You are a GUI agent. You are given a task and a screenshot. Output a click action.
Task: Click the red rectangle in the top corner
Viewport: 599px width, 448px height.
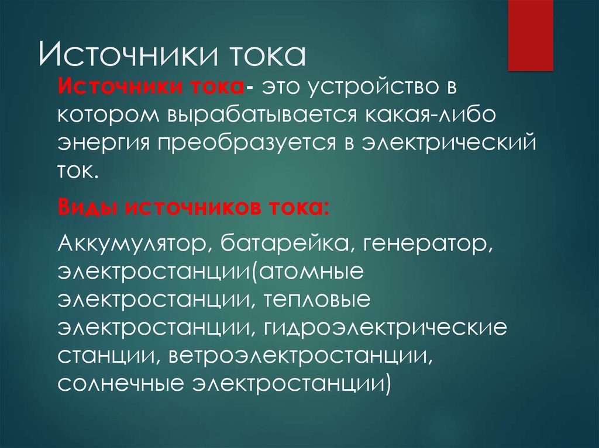click(530, 35)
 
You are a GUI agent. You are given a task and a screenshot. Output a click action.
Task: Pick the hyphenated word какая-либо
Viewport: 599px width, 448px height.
click(430, 114)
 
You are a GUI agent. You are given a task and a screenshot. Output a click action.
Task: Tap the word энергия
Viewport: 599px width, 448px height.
click(104, 143)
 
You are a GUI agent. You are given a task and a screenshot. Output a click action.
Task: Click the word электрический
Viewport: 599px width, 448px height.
click(449, 142)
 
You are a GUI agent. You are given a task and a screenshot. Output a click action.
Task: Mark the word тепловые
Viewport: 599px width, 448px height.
click(317, 300)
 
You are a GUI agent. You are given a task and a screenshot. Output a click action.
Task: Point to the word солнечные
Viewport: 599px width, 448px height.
click(121, 384)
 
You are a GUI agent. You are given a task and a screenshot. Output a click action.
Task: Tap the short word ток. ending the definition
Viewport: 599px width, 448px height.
click(78, 171)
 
